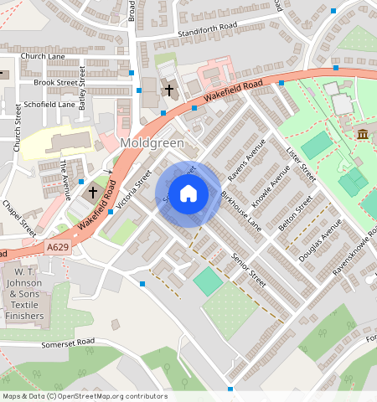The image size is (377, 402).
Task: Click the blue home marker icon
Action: [x=188, y=194]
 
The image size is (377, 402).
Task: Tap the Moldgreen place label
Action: [x=152, y=143]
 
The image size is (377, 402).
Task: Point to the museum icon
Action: [x=363, y=134]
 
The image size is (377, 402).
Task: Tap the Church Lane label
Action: [x=43, y=56]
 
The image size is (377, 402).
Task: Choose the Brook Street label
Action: [x=54, y=83]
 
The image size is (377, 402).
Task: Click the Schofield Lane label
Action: [x=49, y=105]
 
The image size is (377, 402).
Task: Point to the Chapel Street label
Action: [x=18, y=217]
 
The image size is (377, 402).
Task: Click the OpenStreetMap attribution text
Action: [x=84, y=396]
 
